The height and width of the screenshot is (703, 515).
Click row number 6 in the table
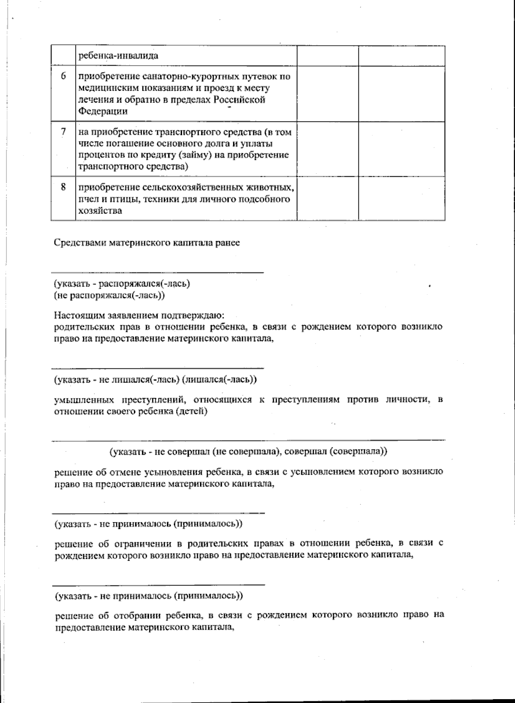point(64,77)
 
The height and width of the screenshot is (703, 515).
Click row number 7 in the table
point(64,132)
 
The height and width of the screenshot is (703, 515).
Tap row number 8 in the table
point(64,187)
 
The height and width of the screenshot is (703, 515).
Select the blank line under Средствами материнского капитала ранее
point(157,272)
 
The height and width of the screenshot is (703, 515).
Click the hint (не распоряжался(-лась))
point(109,295)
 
